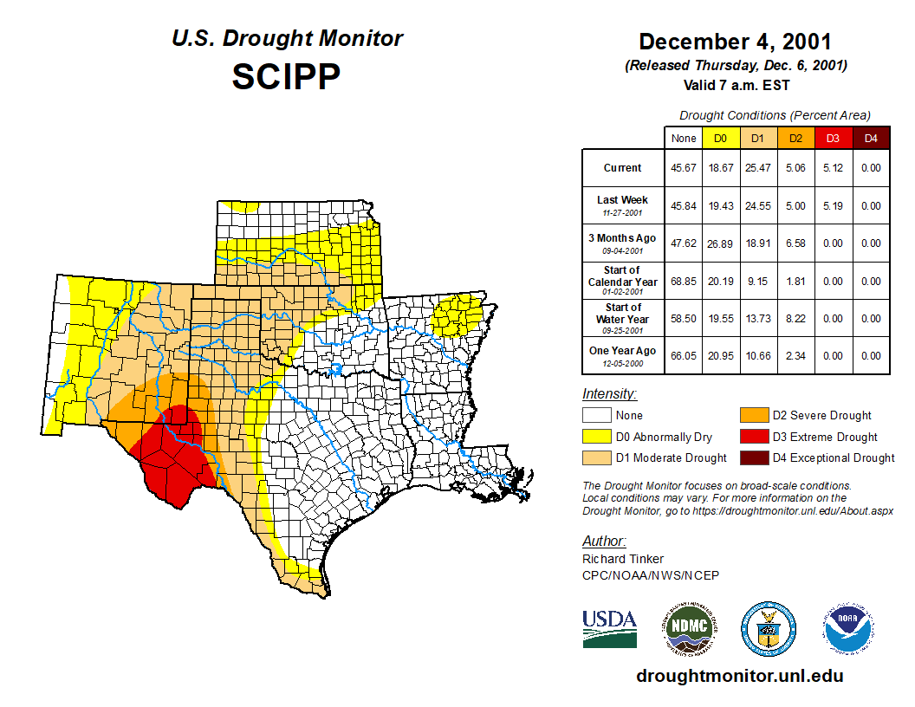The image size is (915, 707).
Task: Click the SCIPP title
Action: [286, 77]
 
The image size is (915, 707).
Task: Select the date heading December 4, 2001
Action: [735, 42]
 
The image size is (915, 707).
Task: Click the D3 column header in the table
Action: [832, 138]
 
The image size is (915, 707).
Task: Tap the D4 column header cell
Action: [871, 138]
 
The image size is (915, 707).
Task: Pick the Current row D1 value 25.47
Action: [756, 168]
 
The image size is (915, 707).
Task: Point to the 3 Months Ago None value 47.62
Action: [684, 243]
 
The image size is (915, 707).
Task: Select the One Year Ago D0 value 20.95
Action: [720, 356]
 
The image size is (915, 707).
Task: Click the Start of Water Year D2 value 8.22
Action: [795, 319]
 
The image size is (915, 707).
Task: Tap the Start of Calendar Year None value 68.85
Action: [684, 282]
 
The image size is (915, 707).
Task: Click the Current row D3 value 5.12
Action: [832, 168]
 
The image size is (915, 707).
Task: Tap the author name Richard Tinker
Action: [623, 559]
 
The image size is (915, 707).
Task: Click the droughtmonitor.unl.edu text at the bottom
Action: [739, 676]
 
